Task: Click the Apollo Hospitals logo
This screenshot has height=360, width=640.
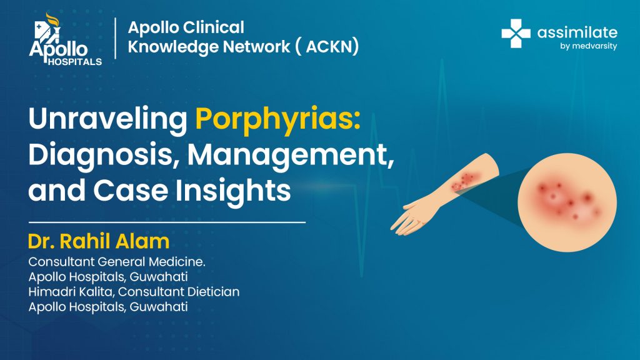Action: [x=65, y=39]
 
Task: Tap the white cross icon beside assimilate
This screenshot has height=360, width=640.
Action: [x=516, y=34]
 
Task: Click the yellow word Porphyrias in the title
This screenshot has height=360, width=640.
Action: [x=278, y=119]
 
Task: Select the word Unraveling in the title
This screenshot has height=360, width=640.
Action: [x=107, y=119]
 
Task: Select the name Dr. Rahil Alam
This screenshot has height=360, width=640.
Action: [x=99, y=241]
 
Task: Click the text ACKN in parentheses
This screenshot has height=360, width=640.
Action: [x=332, y=46]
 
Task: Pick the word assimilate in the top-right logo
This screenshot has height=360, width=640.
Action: [x=577, y=32]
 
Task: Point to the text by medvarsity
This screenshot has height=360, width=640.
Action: [x=588, y=46]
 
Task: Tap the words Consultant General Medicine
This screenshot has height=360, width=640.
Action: [x=117, y=262]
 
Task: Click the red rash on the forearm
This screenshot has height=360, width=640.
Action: [x=465, y=181]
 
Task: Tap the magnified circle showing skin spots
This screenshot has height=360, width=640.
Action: [x=567, y=202]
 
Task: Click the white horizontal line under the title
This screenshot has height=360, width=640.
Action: [x=167, y=222]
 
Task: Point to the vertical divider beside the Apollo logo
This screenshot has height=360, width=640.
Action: [x=116, y=38]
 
